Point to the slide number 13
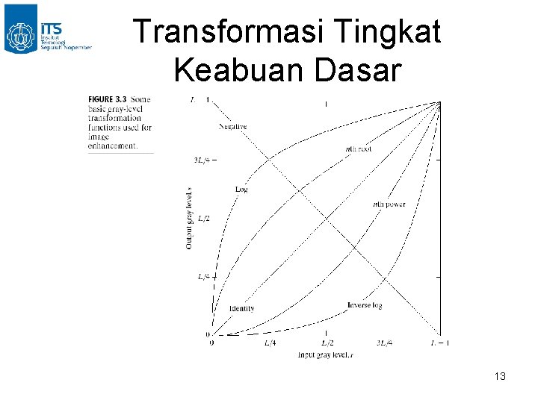pyautogui.click(x=500, y=377)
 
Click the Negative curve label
pyautogui.click(x=232, y=127)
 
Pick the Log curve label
pyautogui.click(x=241, y=189)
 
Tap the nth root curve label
pyautogui.click(x=358, y=149)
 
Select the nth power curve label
pyautogui.click(x=389, y=204)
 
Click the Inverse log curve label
pyautogui.click(x=365, y=304)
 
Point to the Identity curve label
pyautogui.click(x=242, y=308)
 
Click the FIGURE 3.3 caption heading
pyautogui.click(x=108, y=99)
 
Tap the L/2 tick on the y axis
pyautogui.click(x=203, y=218)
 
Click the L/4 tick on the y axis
pyautogui.click(x=203, y=276)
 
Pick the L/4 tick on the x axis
pyautogui.click(x=270, y=343)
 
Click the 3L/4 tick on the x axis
pyautogui.click(x=384, y=343)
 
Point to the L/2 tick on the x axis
pyautogui.click(x=327, y=343)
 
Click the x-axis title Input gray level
pyautogui.click(x=325, y=354)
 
